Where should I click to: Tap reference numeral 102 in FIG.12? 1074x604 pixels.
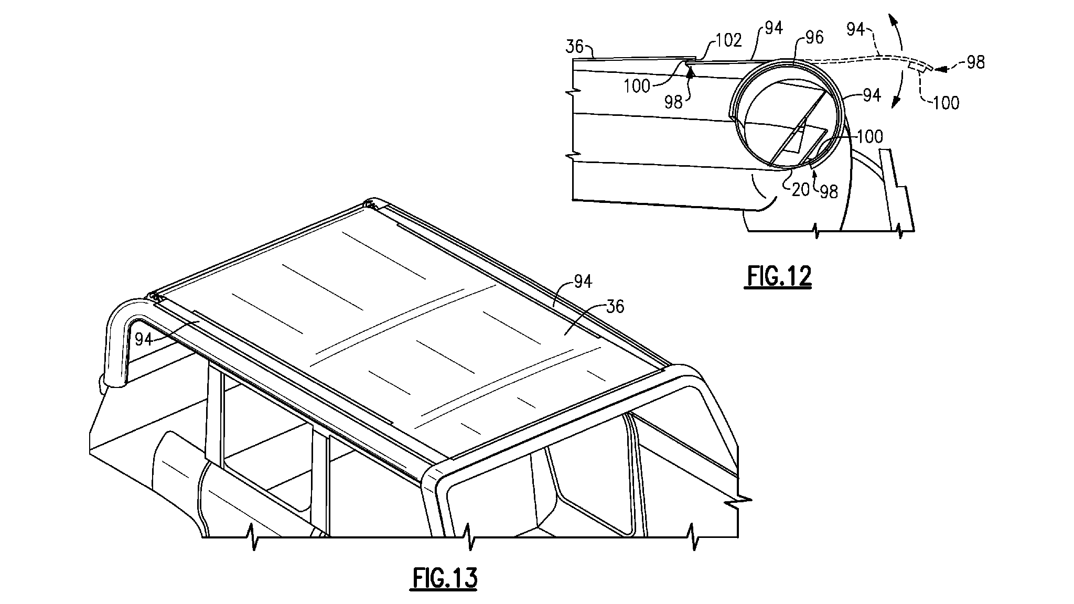(728, 40)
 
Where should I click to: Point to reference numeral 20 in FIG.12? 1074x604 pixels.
(801, 190)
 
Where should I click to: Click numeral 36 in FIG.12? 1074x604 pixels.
(574, 47)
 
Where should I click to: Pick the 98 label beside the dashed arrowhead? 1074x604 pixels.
(975, 62)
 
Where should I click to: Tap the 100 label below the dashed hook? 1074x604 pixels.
(946, 103)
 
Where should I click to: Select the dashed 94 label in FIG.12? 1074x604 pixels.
(855, 30)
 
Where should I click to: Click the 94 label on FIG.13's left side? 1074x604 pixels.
(144, 340)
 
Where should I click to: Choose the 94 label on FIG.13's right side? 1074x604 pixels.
(583, 282)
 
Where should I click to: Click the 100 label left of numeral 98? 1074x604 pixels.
(637, 86)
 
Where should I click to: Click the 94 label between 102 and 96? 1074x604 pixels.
(774, 28)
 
